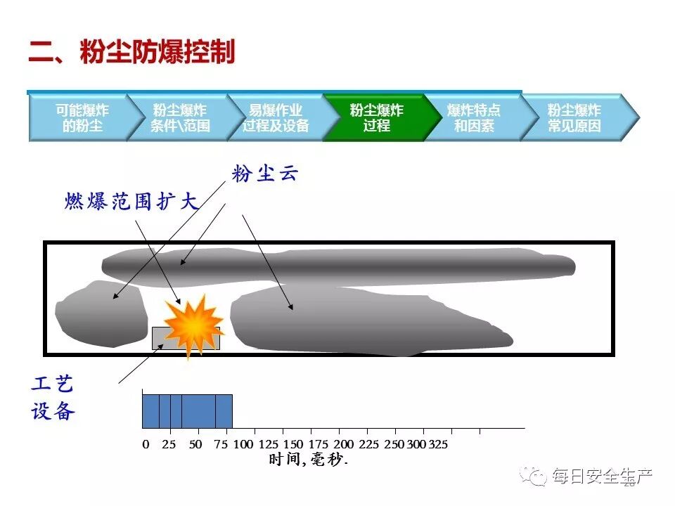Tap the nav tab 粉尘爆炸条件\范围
[x=179, y=118]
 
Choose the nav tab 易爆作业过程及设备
[x=276, y=118]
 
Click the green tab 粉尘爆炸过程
[x=376, y=118]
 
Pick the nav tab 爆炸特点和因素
[x=473, y=118]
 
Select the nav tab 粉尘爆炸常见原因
[x=574, y=118]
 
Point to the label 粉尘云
[x=265, y=174]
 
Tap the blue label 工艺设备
[x=52, y=398]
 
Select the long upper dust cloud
[x=337, y=266]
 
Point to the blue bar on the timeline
[x=187, y=411]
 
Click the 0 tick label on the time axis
[x=146, y=444]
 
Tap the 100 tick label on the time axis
[x=243, y=444]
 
